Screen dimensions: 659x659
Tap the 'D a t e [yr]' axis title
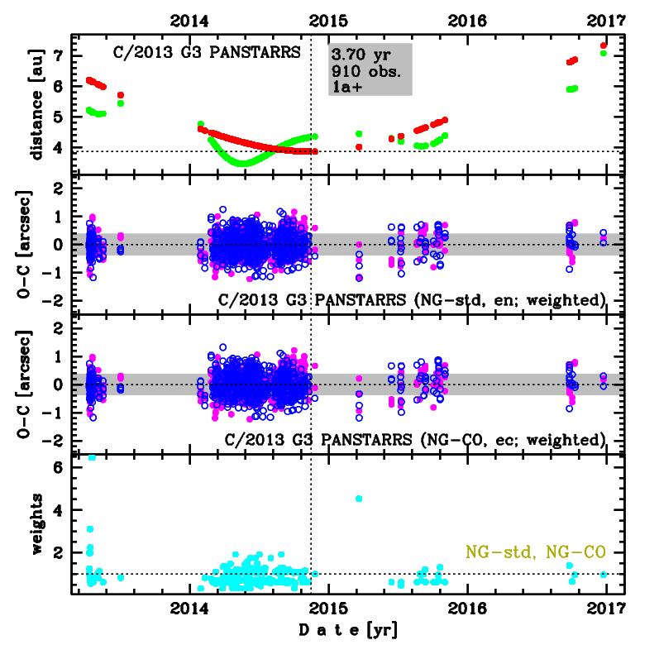click(x=346, y=632)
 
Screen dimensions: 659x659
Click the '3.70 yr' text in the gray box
click(x=361, y=55)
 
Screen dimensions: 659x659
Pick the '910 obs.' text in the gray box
click(x=366, y=70)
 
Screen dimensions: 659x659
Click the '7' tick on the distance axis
click(x=58, y=55)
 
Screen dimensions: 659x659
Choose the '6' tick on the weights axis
click(x=58, y=467)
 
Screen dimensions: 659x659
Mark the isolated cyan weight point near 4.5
click(x=359, y=499)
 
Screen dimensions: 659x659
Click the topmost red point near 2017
click(x=604, y=45)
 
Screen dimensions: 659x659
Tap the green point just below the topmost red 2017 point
click(x=604, y=54)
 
